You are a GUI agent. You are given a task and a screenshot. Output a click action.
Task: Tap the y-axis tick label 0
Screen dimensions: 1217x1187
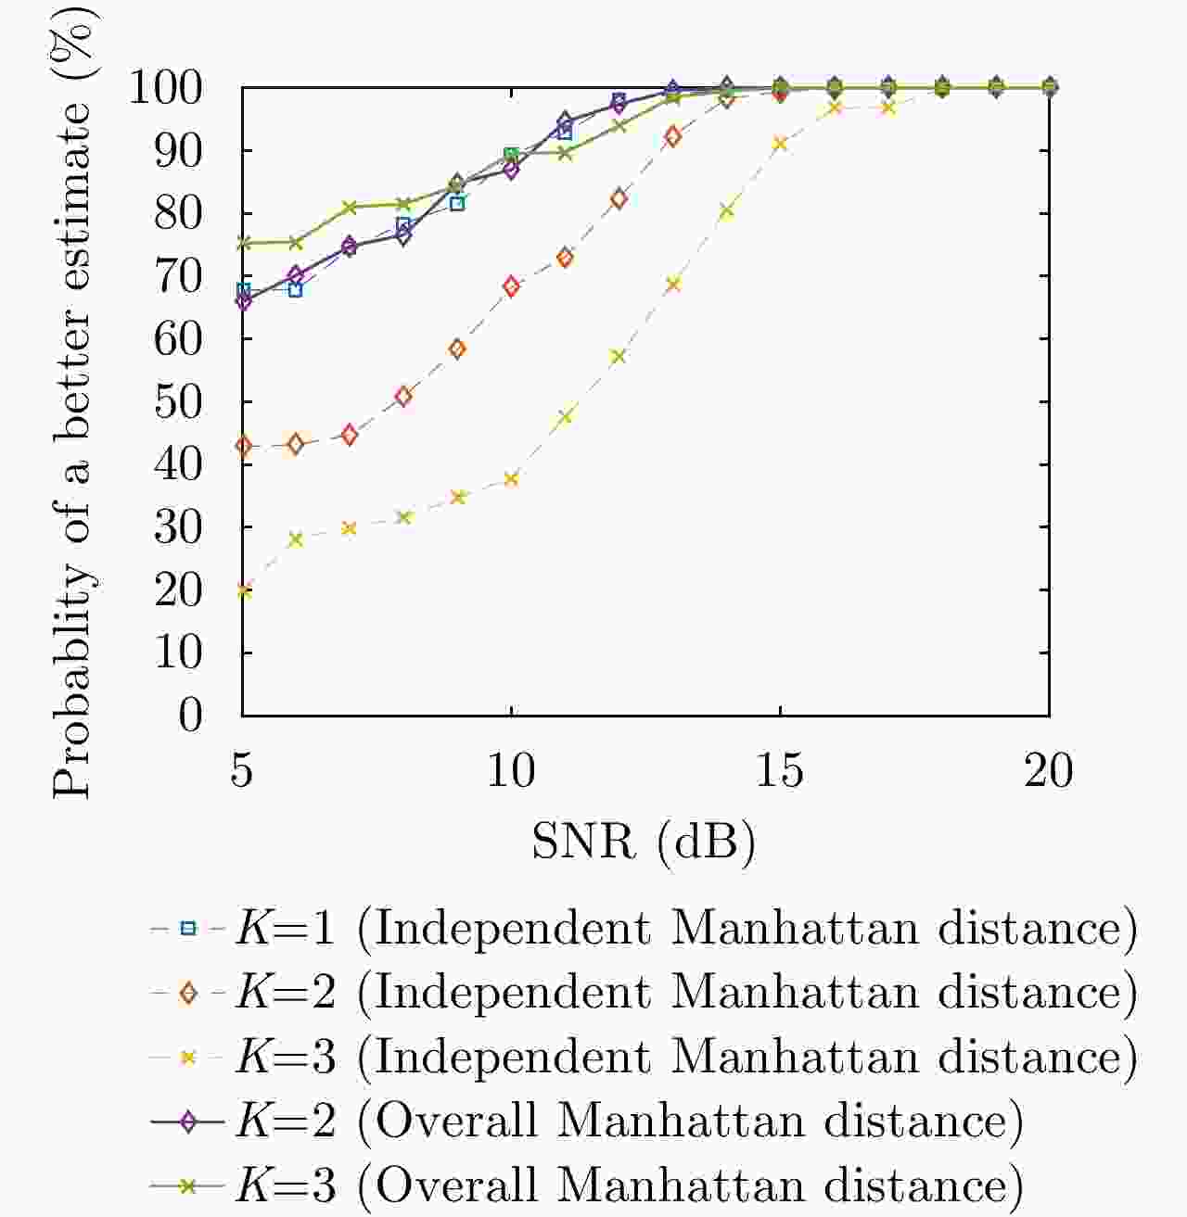coord(190,715)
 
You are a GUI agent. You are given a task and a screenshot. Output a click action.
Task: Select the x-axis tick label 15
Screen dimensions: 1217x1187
coord(780,771)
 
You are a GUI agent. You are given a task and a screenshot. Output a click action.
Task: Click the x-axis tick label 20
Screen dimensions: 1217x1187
coord(1049,771)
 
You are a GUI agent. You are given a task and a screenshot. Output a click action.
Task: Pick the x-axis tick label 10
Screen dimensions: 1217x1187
coord(511,771)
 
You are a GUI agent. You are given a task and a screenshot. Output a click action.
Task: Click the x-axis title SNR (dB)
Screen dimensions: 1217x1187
coord(644,842)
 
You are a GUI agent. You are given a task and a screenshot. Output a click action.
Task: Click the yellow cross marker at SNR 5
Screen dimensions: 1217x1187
coord(243,589)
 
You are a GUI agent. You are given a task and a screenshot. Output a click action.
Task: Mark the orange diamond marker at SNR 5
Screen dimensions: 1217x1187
coord(243,446)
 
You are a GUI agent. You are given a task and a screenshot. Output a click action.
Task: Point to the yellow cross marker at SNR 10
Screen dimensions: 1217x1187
coord(511,479)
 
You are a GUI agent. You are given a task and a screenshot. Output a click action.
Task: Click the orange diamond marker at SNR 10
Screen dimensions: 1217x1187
coord(511,286)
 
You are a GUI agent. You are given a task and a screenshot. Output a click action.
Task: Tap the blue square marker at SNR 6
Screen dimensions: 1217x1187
coord(296,289)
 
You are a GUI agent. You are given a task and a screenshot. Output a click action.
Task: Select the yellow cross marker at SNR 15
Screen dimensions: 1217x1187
coord(780,144)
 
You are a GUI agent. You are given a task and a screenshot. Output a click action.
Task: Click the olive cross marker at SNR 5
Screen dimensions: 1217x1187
coord(243,243)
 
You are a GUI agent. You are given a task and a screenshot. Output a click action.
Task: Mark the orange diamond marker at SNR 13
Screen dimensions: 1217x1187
coord(672,137)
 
